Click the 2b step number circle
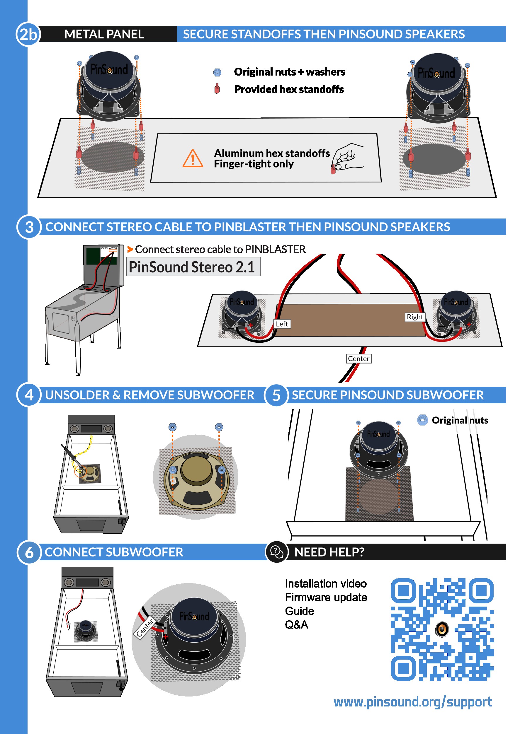28,34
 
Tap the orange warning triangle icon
193,159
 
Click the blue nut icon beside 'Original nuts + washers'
217,72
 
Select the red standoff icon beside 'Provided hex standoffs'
217,89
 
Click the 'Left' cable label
282,324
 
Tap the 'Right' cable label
415,317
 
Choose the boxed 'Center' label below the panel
358,359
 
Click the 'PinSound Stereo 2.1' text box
193,267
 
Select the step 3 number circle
29,227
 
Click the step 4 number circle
29,395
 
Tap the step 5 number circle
276,395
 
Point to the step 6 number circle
29,552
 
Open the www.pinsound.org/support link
413,702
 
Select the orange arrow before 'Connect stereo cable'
130,249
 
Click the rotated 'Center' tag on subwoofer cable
145,629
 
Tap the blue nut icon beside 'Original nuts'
422,420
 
